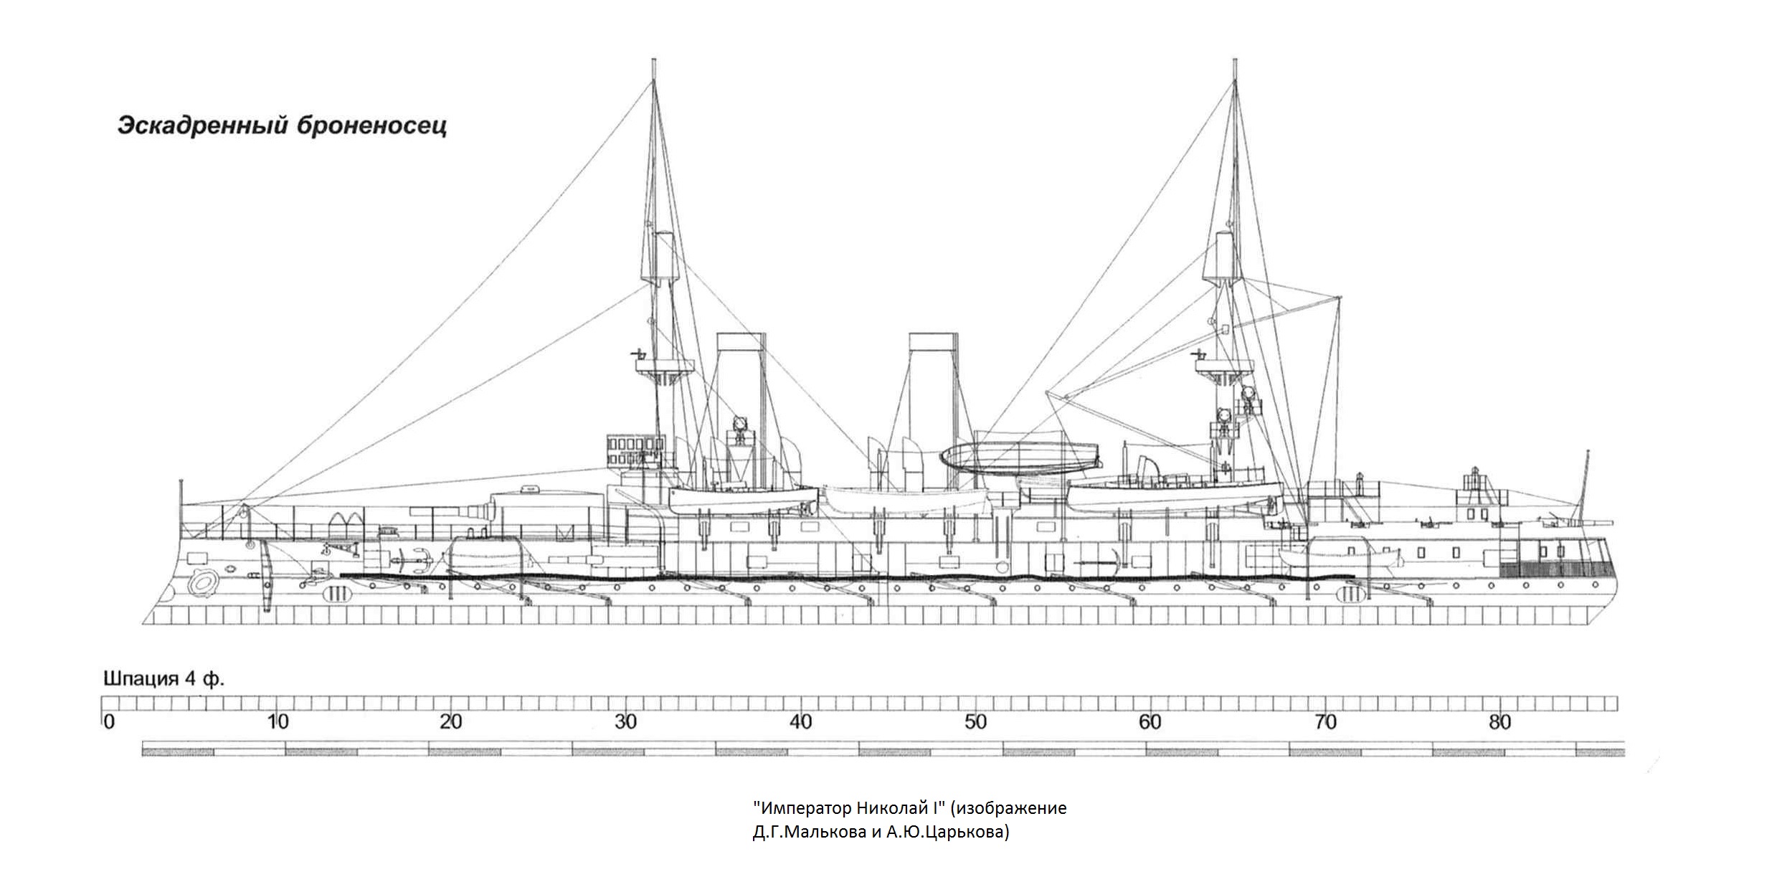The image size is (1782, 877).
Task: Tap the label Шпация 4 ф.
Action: (164, 679)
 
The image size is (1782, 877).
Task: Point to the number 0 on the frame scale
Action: (109, 721)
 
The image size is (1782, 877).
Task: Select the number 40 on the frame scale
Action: (800, 721)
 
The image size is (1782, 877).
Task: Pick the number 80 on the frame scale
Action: (1499, 721)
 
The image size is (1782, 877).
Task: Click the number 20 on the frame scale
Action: (450, 721)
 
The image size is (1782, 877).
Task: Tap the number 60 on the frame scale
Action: (1150, 721)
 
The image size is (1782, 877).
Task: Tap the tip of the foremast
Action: (653, 60)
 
